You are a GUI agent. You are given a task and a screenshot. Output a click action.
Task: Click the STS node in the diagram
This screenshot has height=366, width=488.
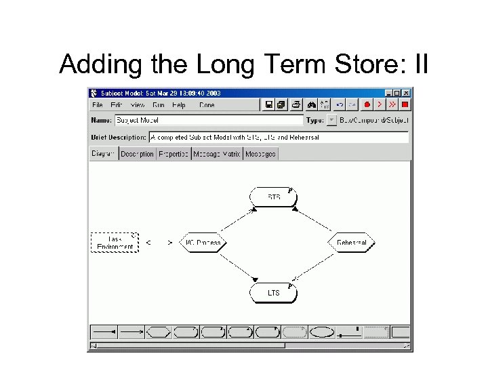[274, 197]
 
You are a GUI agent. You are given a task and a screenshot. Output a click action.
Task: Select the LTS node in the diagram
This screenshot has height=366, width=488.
[273, 293]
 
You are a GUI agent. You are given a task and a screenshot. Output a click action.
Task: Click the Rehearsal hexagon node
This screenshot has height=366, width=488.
[351, 242]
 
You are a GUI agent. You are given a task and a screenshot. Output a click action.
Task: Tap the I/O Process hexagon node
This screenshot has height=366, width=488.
[203, 242]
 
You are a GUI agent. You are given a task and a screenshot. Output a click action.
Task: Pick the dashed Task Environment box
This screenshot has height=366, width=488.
[115, 242]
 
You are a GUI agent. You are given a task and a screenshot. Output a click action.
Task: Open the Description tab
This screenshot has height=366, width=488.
[137, 154]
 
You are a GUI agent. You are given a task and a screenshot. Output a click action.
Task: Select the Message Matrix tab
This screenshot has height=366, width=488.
[217, 154]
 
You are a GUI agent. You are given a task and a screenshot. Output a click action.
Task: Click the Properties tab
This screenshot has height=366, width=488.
[174, 154]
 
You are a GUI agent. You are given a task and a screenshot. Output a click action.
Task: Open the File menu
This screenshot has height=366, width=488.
[98, 105]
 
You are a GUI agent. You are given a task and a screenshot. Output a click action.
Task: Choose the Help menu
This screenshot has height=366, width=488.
[179, 105]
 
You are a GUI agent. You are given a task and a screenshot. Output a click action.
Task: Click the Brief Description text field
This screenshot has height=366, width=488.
[278, 137]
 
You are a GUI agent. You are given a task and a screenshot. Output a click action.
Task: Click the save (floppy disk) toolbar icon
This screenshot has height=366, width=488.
[269, 105]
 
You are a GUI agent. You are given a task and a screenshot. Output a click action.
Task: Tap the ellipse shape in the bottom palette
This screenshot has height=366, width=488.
[322, 332]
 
